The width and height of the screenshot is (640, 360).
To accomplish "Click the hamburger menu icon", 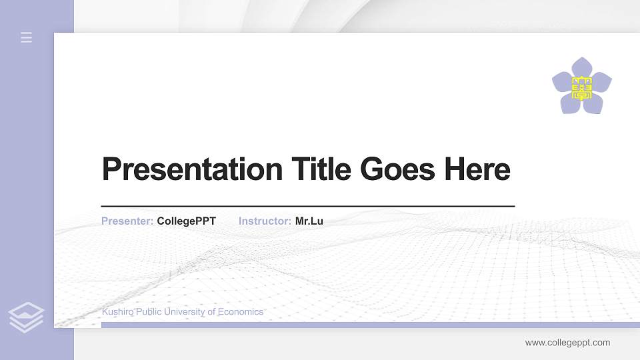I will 27,37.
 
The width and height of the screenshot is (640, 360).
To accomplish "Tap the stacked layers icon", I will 27,317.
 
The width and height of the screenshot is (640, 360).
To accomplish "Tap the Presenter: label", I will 127,221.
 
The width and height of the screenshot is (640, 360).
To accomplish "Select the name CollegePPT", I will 187,221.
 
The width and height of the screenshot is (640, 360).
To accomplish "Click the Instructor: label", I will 265,221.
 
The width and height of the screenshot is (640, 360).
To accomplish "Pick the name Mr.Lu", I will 309,221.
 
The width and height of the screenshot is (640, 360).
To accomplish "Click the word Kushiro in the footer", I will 117,312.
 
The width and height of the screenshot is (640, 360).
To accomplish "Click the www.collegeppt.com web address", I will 567,343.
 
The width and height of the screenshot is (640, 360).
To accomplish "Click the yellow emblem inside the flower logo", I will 582,87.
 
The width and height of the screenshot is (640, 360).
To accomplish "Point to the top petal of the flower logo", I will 582,67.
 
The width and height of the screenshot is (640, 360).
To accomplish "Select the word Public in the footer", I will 149,312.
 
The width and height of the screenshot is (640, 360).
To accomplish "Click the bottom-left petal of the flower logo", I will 571,103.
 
